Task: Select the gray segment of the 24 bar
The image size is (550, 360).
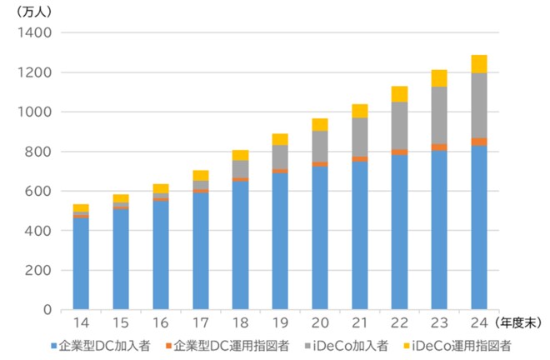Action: [478, 106]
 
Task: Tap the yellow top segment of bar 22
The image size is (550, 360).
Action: [399, 93]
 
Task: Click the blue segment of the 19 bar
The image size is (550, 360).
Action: [280, 242]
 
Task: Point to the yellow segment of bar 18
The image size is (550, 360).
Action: [240, 154]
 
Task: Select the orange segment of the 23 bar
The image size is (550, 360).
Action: [439, 147]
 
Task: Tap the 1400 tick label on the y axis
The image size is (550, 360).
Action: [34, 32]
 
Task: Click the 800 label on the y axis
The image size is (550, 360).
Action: [38, 152]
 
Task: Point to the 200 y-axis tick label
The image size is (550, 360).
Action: [38, 270]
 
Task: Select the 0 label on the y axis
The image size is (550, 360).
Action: [47, 310]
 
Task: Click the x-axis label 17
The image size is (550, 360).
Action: [200, 322]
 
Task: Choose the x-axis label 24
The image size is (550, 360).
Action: [478, 322]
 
